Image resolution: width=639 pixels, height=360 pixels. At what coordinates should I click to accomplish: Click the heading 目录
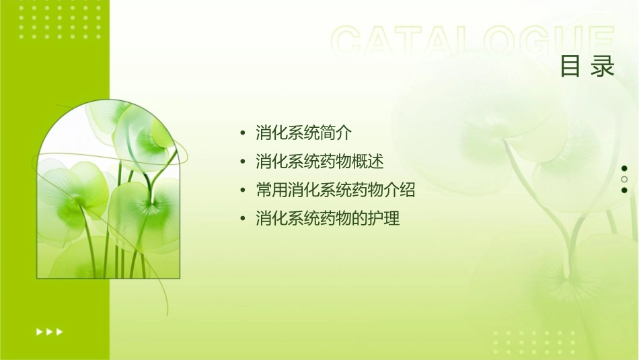[x=587, y=67]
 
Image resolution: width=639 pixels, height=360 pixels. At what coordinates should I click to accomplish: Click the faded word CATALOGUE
[x=473, y=42]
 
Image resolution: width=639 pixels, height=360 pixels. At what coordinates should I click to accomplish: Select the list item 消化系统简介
[x=303, y=133]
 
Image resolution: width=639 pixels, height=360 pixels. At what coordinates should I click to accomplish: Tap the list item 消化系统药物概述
[x=319, y=161]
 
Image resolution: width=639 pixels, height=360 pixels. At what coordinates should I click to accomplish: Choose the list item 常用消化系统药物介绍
[x=336, y=190]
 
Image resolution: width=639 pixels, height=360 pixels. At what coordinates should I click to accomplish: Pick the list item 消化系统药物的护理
[x=328, y=219]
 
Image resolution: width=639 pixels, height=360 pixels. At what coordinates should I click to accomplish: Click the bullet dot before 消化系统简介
[x=242, y=133]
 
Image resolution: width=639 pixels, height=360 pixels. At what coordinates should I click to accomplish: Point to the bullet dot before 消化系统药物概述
[x=242, y=162]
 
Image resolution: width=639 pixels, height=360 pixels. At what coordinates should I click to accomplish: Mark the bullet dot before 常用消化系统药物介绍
[x=242, y=191]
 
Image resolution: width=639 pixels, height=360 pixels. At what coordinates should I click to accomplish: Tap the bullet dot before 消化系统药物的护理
[x=242, y=219]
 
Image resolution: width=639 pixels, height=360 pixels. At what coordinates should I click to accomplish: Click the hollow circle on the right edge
[x=624, y=179]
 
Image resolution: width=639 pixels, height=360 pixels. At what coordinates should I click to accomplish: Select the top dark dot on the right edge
[x=624, y=168]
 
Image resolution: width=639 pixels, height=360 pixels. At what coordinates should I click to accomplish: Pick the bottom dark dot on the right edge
[x=624, y=190]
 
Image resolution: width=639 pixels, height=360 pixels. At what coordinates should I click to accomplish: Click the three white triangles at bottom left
[x=50, y=332]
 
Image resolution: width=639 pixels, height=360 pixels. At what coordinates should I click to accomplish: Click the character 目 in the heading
[x=571, y=67]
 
